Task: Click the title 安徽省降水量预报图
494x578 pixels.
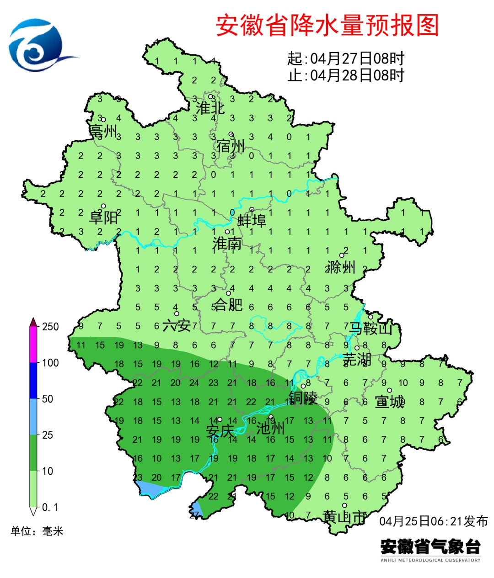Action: tap(327, 25)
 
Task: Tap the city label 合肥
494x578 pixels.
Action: tap(228, 304)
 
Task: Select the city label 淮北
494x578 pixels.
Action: tap(210, 108)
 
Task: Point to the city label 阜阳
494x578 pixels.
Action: tap(104, 217)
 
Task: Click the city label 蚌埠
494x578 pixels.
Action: tap(252, 221)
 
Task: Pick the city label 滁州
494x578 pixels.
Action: tap(341, 267)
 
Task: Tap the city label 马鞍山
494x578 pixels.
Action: tap(370, 328)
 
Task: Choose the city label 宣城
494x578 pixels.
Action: tap(390, 402)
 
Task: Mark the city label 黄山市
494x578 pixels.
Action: tap(344, 517)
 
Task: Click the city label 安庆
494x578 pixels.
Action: tap(220, 431)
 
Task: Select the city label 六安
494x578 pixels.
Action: tap(177, 325)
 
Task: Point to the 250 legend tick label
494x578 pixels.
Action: tap(50, 327)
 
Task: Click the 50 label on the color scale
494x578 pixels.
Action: tap(48, 399)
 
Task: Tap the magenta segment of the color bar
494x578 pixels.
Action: tap(33, 345)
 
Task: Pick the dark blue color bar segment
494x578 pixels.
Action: tap(33, 381)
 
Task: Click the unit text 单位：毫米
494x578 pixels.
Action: tap(37, 531)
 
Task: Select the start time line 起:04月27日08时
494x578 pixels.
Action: tap(346, 58)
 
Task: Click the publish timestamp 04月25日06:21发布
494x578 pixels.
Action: tap(433, 521)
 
